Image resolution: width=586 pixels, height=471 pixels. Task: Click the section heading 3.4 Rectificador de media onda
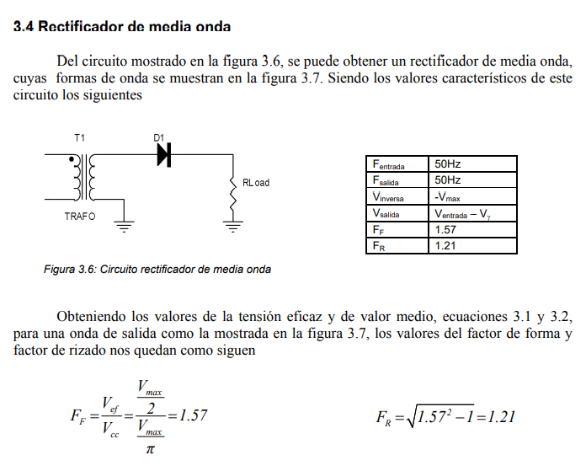click(x=122, y=26)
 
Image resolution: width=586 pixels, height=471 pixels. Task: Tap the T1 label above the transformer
click(x=80, y=137)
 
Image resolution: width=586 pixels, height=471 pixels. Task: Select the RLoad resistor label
click(x=256, y=183)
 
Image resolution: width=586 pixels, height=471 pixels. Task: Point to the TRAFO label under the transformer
click(x=80, y=217)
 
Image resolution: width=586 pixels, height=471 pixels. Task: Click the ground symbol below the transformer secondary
click(x=124, y=225)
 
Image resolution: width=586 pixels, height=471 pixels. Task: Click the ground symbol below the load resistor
click(x=232, y=225)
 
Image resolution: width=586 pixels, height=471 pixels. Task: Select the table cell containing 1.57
click(x=472, y=230)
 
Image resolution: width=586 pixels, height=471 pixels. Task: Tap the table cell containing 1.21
click(x=472, y=246)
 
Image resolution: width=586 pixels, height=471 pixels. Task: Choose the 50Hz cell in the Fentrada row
click(x=472, y=164)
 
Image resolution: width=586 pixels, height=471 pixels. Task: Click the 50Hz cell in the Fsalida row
click(x=472, y=180)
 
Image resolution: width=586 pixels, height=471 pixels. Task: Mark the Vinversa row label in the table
click(x=397, y=197)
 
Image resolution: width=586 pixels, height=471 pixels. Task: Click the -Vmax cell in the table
click(x=472, y=197)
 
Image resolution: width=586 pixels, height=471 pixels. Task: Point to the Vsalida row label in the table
click(x=397, y=214)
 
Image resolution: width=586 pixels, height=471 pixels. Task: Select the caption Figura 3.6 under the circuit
click(x=157, y=270)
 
